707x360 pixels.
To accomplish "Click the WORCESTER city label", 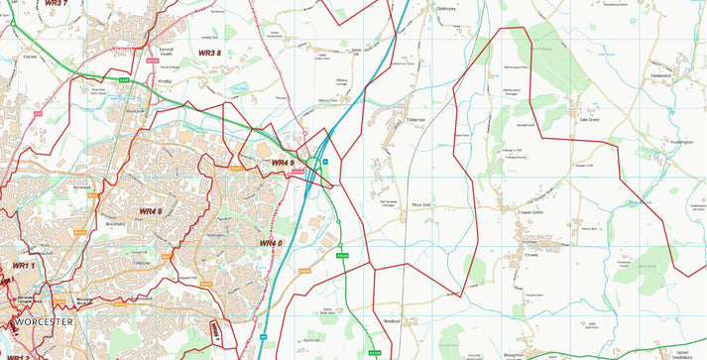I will [x=44, y=322].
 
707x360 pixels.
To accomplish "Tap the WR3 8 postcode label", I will [x=211, y=53].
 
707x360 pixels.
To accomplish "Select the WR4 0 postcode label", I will [x=271, y=243].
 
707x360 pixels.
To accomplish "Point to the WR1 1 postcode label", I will [x=23, y=266].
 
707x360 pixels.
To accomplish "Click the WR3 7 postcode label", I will [x=56, y=4].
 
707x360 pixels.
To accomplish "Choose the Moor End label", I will [x=421, y=205].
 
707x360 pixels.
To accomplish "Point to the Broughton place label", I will [x=515, y=353].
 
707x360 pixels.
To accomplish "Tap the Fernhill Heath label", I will [x=166, y=51].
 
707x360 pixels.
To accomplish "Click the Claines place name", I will [x=30, y=57].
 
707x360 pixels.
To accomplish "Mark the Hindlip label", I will [x=165, y=80].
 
